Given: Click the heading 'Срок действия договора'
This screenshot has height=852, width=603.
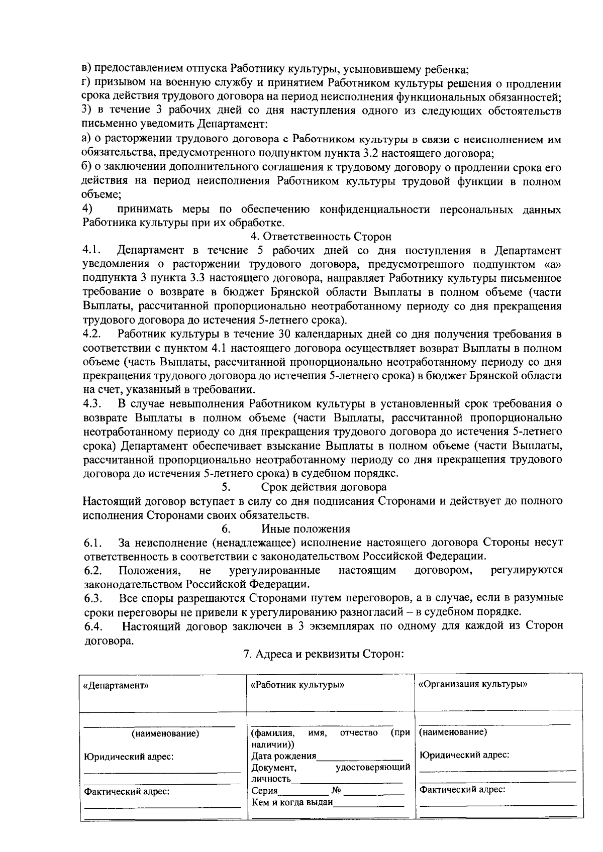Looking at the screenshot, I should (324, 487).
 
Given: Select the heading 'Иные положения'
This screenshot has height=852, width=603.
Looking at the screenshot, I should (306, 528).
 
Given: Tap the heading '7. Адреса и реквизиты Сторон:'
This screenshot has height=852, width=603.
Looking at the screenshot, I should (324, 654).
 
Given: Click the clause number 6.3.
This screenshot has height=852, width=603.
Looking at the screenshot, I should (93, 598).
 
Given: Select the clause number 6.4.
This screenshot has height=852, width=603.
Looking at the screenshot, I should (93, 626).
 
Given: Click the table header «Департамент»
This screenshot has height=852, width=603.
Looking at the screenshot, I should (116, 685).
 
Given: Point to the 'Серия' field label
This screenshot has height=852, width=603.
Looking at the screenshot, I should (264, 791).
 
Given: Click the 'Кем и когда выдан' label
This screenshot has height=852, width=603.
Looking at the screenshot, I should (292, 802).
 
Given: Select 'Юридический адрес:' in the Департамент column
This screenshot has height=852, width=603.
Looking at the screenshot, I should (129, 757).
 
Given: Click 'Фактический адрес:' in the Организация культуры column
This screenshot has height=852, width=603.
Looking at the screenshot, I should (462, 790).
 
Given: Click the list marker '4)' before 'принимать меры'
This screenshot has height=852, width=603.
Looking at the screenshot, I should (87, 208).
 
